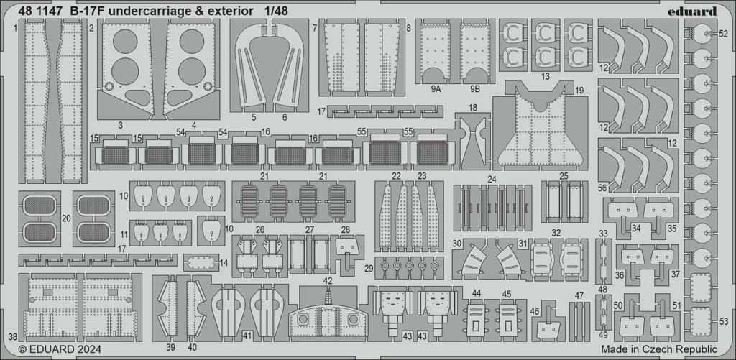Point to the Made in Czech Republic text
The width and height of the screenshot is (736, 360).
(659, 349)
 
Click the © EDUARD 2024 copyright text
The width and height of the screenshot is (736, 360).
(60, 349)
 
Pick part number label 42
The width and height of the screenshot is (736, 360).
(328, 281)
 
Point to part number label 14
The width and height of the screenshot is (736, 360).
(224, 263)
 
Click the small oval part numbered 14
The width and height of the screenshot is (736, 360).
(201, 262)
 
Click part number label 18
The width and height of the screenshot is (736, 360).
(473, 108)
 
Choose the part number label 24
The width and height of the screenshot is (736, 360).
(492, 179)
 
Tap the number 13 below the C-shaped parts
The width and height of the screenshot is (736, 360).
(545, 76)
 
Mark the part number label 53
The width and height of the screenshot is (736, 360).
(724, 321)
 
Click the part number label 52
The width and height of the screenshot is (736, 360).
(723, 34)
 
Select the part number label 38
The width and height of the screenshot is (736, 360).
(13, 336)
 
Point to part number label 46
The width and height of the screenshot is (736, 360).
(535, 311)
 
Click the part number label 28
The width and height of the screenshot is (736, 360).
(346, 229)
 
